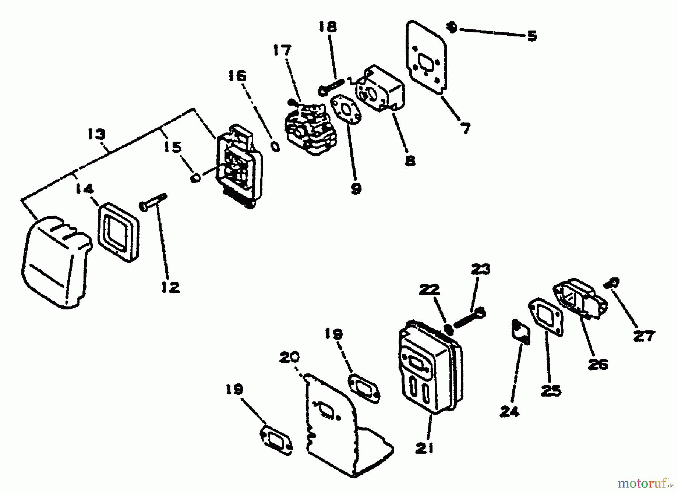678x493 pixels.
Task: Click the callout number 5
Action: click(x=532, y=36)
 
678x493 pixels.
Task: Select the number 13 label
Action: click(x=96, y=134)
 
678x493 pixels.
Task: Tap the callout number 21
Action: click(x=425, y=448)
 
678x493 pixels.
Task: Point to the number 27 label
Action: click(x=644, y=336)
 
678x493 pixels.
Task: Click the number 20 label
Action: click(x=290, y=357)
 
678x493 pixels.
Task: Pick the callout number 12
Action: click(x=171, y=287)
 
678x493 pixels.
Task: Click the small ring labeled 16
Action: click(x=276, y=147)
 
